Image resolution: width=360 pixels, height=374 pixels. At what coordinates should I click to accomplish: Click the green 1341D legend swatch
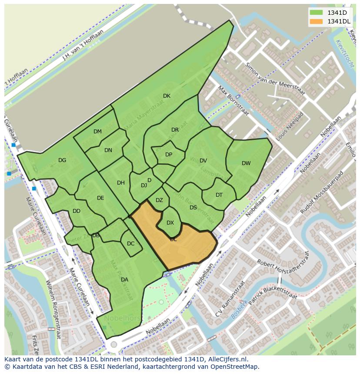(x=317, y=13)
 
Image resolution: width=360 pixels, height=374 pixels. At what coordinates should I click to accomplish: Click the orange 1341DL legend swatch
(x=317, y=21)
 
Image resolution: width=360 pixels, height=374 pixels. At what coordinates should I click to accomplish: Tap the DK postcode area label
(x=167, y=96)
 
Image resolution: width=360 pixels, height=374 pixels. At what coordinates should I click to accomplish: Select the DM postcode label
(x=97, y=132)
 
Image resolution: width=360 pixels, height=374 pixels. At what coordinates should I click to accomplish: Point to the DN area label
(x=108, y=150)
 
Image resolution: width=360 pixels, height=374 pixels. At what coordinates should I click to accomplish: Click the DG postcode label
(x=62, y=160)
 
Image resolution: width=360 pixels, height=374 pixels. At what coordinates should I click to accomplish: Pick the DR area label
(x=175, y=130)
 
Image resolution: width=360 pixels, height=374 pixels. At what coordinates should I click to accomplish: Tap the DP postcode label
(x=169, y=155)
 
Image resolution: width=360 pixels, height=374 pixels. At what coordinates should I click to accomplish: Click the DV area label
(x=203, y=161)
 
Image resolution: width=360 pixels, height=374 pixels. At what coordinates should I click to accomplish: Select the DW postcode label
(x=246, y=163)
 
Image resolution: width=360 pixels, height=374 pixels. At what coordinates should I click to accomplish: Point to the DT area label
(x=219, y=195)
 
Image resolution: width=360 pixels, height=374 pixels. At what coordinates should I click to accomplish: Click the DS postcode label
(x=193, y=208)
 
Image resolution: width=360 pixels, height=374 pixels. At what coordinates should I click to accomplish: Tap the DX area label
(x=170, y=223)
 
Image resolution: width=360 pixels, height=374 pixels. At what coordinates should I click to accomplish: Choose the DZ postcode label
(x=159, y=200)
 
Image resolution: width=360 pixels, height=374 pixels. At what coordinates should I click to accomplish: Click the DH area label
(x=121, y=183)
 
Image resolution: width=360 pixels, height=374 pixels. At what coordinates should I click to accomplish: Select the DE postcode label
(x=100, y=198)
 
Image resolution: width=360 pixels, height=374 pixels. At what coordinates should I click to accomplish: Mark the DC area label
(x=131, y=244)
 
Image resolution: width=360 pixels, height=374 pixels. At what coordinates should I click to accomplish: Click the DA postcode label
(x=124, y=280)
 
